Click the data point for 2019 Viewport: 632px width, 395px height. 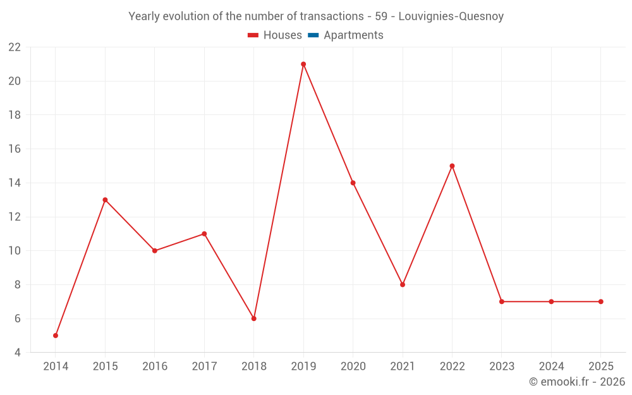pos(303,64)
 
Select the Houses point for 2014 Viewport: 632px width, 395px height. pos(56,336)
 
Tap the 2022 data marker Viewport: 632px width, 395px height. pos(452,166)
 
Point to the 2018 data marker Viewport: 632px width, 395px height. pos(253,319)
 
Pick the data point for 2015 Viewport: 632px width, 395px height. pos(105,200)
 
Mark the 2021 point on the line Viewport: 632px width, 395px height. pos(403,284)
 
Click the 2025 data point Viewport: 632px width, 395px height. pos(600,301)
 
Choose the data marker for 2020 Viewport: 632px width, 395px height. pos(353,183)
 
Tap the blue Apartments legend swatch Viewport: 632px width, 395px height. pos(313,35)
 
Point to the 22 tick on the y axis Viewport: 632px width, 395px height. pos(15,47)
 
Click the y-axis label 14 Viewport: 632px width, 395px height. pos(15,183)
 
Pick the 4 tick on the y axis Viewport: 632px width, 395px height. pos(18,353)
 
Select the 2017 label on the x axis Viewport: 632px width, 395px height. pos(204,366)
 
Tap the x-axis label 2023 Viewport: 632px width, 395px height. pos(502,366)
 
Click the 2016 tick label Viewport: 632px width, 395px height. pos(155,366)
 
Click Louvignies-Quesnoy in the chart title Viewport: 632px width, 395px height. pos(451,16)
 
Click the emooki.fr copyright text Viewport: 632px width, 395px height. pos(577,382)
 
